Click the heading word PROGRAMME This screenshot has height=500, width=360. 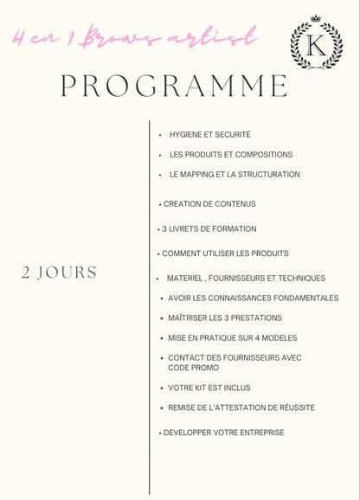click(x=174, y=87)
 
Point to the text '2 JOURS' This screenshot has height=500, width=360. click(x=59, y=272)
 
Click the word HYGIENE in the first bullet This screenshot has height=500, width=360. click(x=186, y=135)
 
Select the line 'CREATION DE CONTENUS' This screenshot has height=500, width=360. click(x=209, y=204)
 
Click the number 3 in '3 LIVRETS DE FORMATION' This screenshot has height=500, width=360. click(x=164, y=229)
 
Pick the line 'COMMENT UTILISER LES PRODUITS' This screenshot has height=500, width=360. click(x=225, y=253)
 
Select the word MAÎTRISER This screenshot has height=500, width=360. click(x=187, y=318)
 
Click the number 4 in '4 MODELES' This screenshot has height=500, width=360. click(x=259, y=338)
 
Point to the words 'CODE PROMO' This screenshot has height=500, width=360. click(x=194, y=368)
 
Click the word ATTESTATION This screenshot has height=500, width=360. click(x=254, y=407)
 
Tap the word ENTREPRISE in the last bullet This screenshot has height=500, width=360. click(x=255, y=433)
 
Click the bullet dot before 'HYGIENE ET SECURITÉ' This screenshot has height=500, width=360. click(x=160, y=135)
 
